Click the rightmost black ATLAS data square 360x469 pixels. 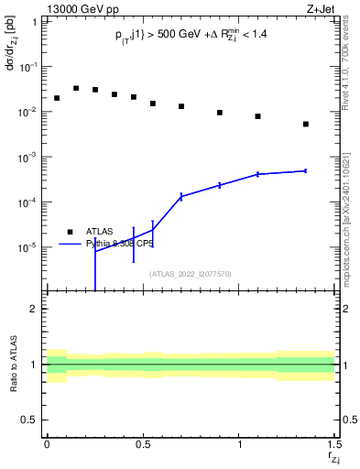tap(306, 124)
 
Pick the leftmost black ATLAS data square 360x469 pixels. tap(56, 98)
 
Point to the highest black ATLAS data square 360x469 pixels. tap(75, 88)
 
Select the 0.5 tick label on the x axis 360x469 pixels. tap(143, 442)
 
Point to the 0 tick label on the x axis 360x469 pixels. tap(47, 442)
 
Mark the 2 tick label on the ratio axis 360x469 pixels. tap(35, 309)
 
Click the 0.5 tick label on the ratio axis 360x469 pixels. tap(30, 420)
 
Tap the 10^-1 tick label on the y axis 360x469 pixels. tap(28, 67)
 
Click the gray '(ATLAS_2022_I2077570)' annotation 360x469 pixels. tap(191, 273)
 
